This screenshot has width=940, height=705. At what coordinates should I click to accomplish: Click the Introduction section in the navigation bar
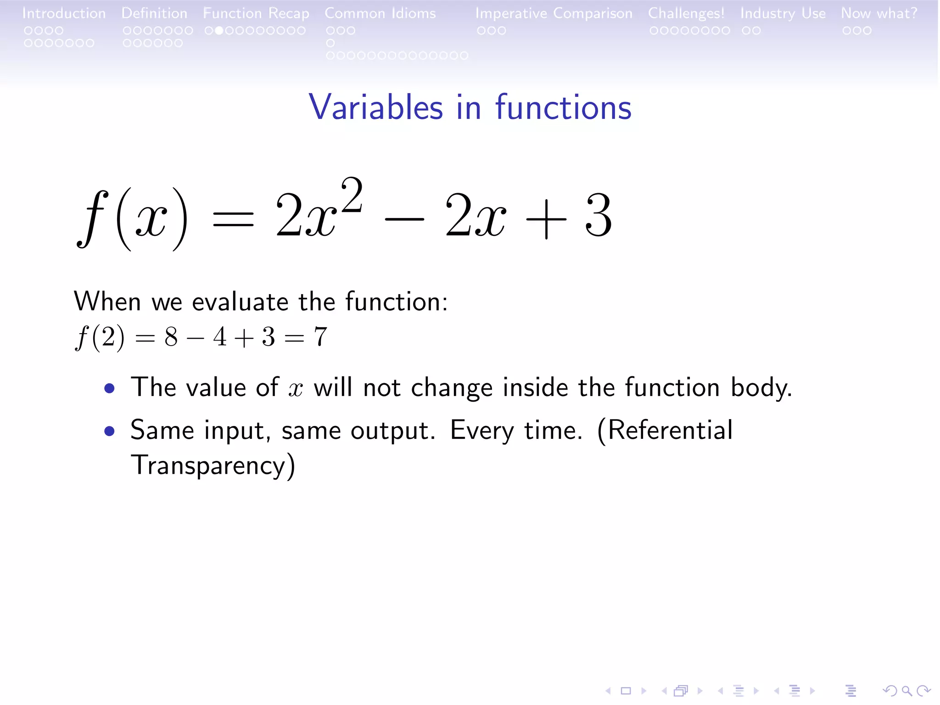[x=64, y=13]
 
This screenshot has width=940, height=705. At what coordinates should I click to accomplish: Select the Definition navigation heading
[x=154, y=13]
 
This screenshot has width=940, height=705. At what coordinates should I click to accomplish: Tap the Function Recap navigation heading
[x=256, y=13]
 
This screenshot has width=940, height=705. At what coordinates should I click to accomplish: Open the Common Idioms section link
[x=380, y=13]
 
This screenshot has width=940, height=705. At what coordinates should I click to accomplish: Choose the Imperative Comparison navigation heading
[x=554, y=13]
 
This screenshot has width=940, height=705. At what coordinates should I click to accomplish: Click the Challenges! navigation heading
[x=686, y=13]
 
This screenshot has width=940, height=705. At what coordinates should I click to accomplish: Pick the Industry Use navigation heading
[x=783, y=13]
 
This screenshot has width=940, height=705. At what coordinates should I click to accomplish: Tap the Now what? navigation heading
[x=878, y=13]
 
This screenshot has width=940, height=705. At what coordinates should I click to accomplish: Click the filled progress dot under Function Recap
[x=219, y=31]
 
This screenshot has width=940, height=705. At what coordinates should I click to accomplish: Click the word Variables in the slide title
[x=375, y=107]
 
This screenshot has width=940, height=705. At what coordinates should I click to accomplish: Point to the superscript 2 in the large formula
[x=352, y=195]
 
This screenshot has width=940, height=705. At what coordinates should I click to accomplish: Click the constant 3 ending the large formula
[x=599, y=216]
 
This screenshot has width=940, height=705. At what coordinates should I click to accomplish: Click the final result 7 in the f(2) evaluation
[x=320, y=337]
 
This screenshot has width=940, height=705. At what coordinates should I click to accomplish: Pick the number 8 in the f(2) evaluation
[x=171, y=337]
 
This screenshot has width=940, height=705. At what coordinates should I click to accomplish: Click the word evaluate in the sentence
[x=240, y=302]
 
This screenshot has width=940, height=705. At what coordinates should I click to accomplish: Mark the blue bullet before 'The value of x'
[x=109, y=389]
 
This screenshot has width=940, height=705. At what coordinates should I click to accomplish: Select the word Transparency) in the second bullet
[x=213, y=465]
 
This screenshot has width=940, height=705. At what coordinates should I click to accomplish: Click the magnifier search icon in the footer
[x=906, y=690]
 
